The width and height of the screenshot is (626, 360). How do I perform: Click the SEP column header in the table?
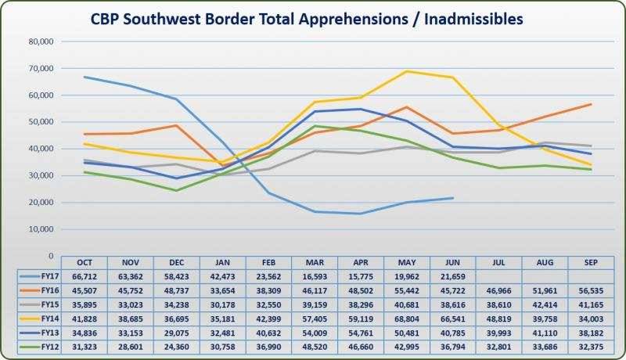tap(591, 262)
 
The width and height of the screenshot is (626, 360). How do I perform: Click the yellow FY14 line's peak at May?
tap(407, 71)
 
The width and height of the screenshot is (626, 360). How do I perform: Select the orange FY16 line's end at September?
tap(591, 104)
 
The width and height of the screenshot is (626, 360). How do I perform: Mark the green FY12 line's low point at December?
tap(176, 190)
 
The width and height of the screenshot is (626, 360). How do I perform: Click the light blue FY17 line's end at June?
tap(452, 198)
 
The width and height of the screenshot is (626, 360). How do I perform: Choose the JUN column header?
tap(452, 262)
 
